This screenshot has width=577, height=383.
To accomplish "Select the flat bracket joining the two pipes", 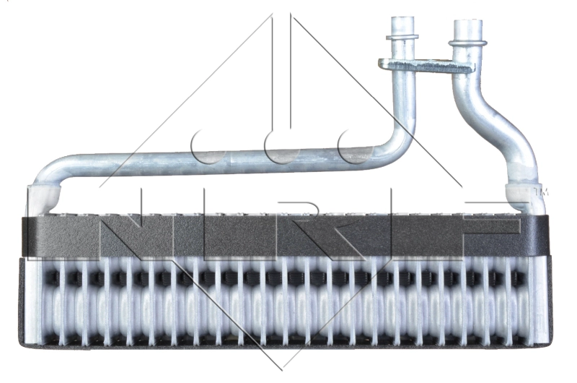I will click(427, 66).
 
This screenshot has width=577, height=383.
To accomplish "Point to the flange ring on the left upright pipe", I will click(402, 36).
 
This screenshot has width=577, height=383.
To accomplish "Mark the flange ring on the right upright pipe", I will click(468, 43).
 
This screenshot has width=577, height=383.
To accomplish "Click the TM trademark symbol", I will click(542, 193).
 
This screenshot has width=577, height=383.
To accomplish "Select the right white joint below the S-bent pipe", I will click(523, 197).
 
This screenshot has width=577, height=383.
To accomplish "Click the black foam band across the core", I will click(288, 233).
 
